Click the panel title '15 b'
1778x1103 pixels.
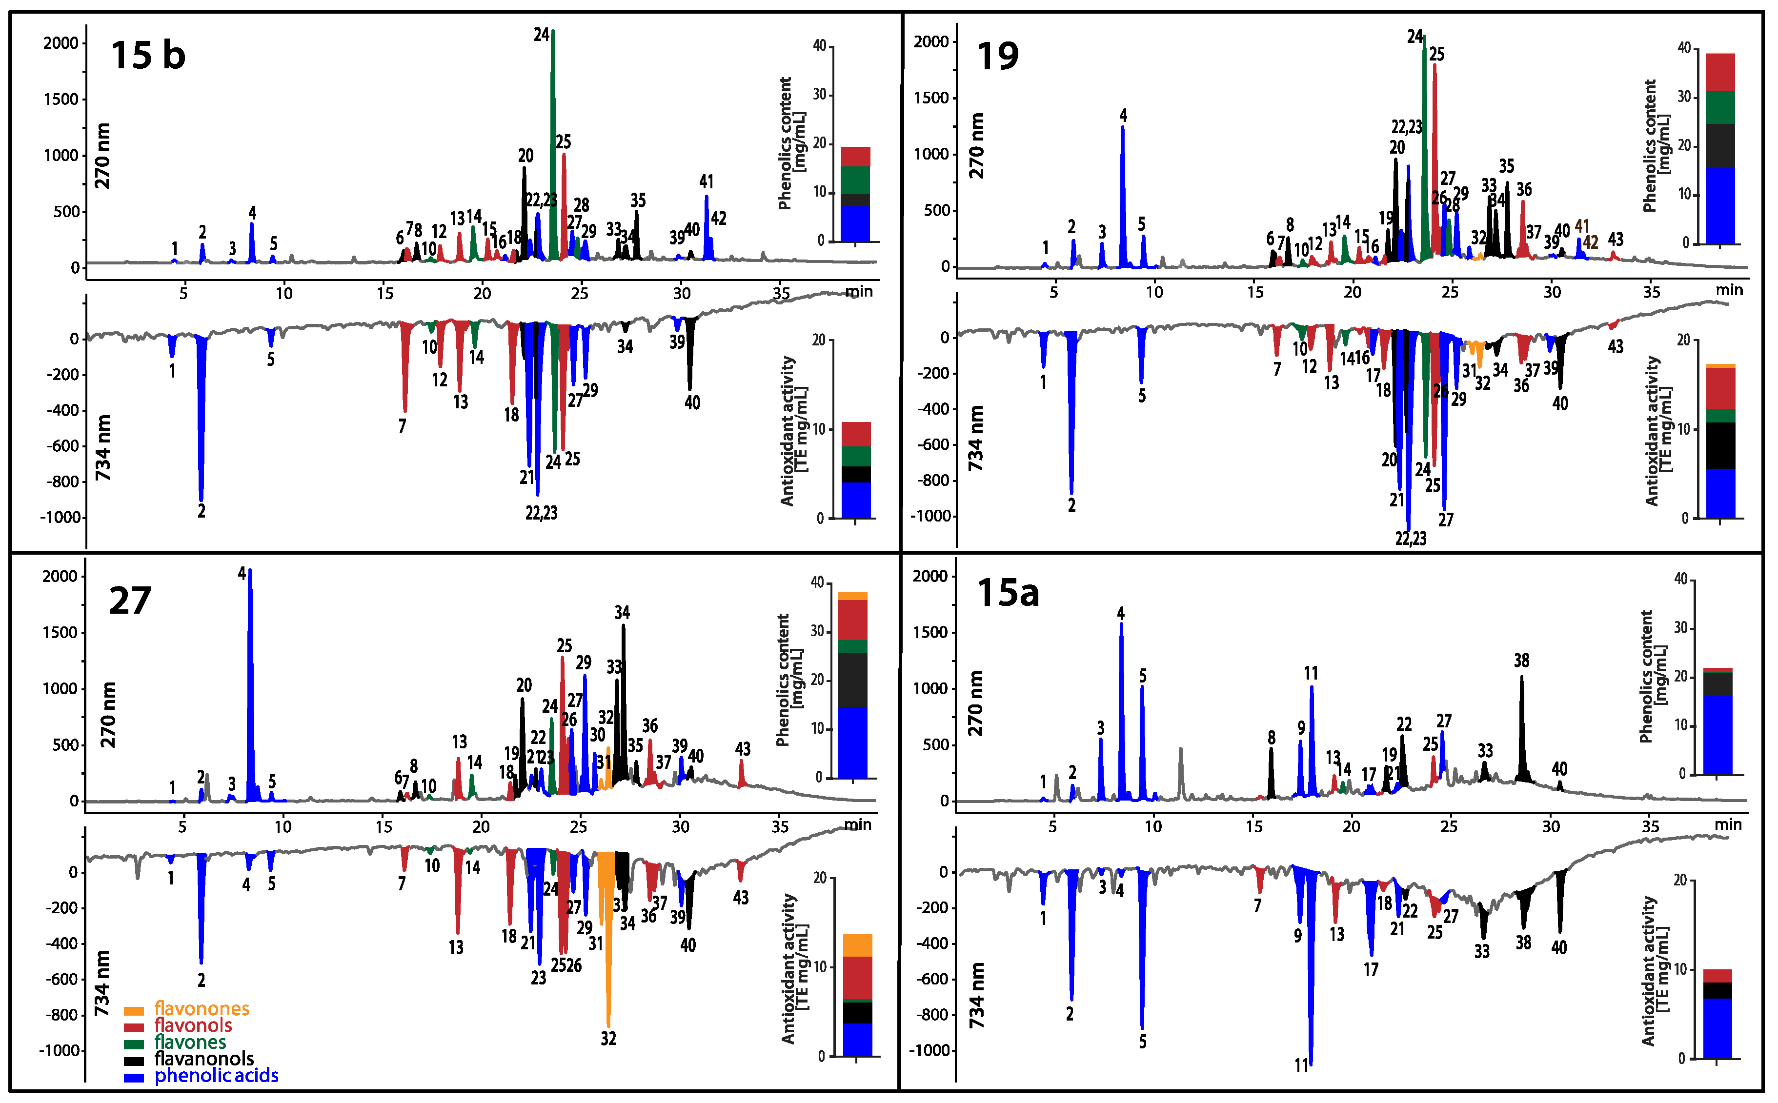pos(148,56)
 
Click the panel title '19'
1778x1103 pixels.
pos(997,56)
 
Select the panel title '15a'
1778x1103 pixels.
pos(1008,592)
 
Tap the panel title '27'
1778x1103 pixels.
pos(130,601)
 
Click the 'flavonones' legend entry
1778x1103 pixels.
pos(202,1009)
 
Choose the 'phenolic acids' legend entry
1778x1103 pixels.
pos(216,1075)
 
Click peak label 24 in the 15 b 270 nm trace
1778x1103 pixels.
pos(541,34)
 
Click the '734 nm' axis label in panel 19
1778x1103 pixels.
pos(975,438)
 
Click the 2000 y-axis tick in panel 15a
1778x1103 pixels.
pos(930,576)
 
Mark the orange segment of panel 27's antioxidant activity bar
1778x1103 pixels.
pos(857,945)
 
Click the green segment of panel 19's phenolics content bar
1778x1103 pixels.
pos(1719,107)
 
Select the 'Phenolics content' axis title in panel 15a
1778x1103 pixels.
pos(1646,676)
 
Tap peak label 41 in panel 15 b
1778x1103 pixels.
pos(706,181)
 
